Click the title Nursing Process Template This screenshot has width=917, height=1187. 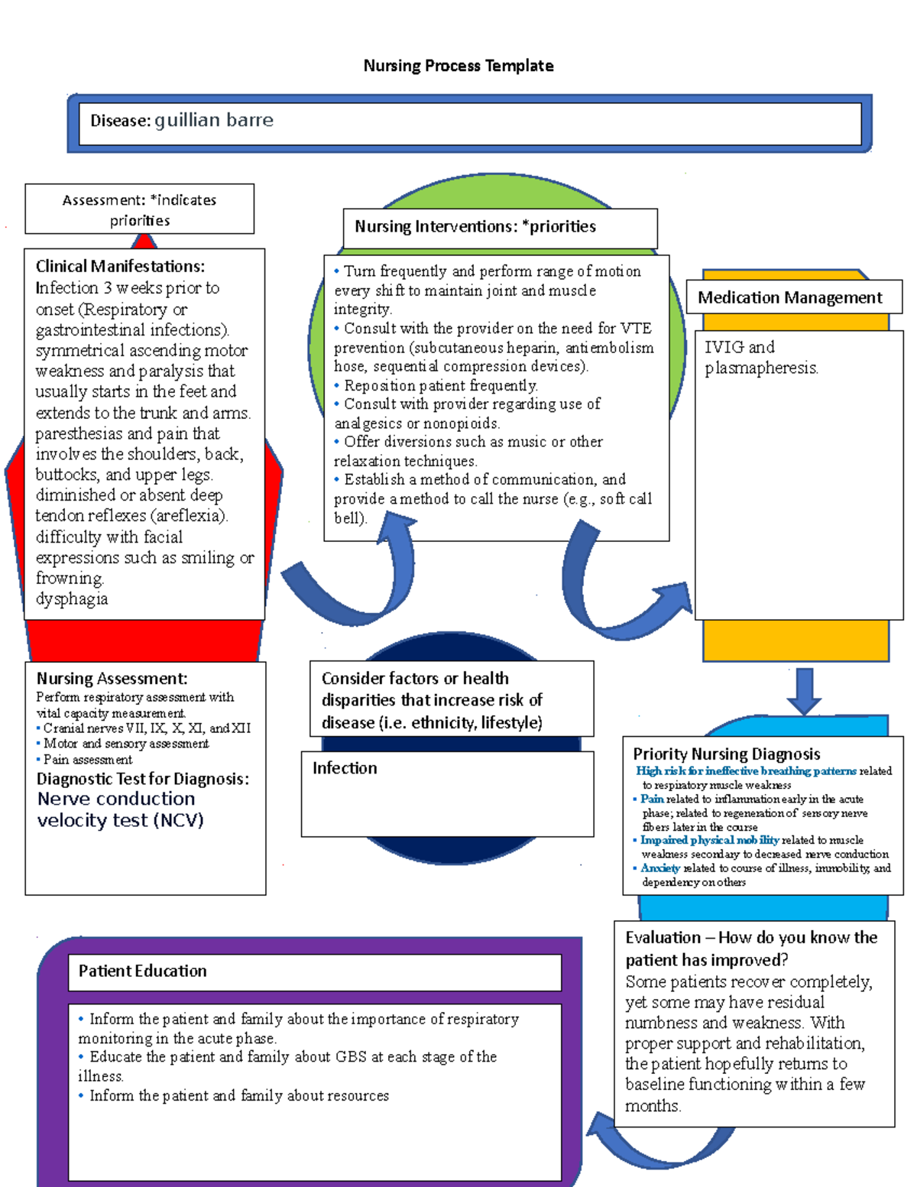[458, 66]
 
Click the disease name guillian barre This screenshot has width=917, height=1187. [214, 121]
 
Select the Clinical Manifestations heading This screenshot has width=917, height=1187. [120, 267]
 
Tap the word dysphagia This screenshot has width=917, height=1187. [72, 599]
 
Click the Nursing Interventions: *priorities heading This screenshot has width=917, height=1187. [475, 227]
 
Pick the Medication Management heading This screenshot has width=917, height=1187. [789, 297]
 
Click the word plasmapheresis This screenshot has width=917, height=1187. [761, 368]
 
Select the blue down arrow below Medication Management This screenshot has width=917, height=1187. [804, 690]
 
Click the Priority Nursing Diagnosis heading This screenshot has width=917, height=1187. [726, 754]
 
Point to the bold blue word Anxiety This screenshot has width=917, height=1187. [660, 868]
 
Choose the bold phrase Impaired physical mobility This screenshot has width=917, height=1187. [710, 840]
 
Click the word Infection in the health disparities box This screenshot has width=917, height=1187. [345, 768]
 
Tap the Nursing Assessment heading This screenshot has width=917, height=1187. [112, 679]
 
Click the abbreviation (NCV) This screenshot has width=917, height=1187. [178, 821]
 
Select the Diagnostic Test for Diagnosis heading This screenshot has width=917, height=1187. [143, 780]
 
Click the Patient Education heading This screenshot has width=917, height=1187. [142, 971]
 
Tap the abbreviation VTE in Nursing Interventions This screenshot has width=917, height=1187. [636, 329]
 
